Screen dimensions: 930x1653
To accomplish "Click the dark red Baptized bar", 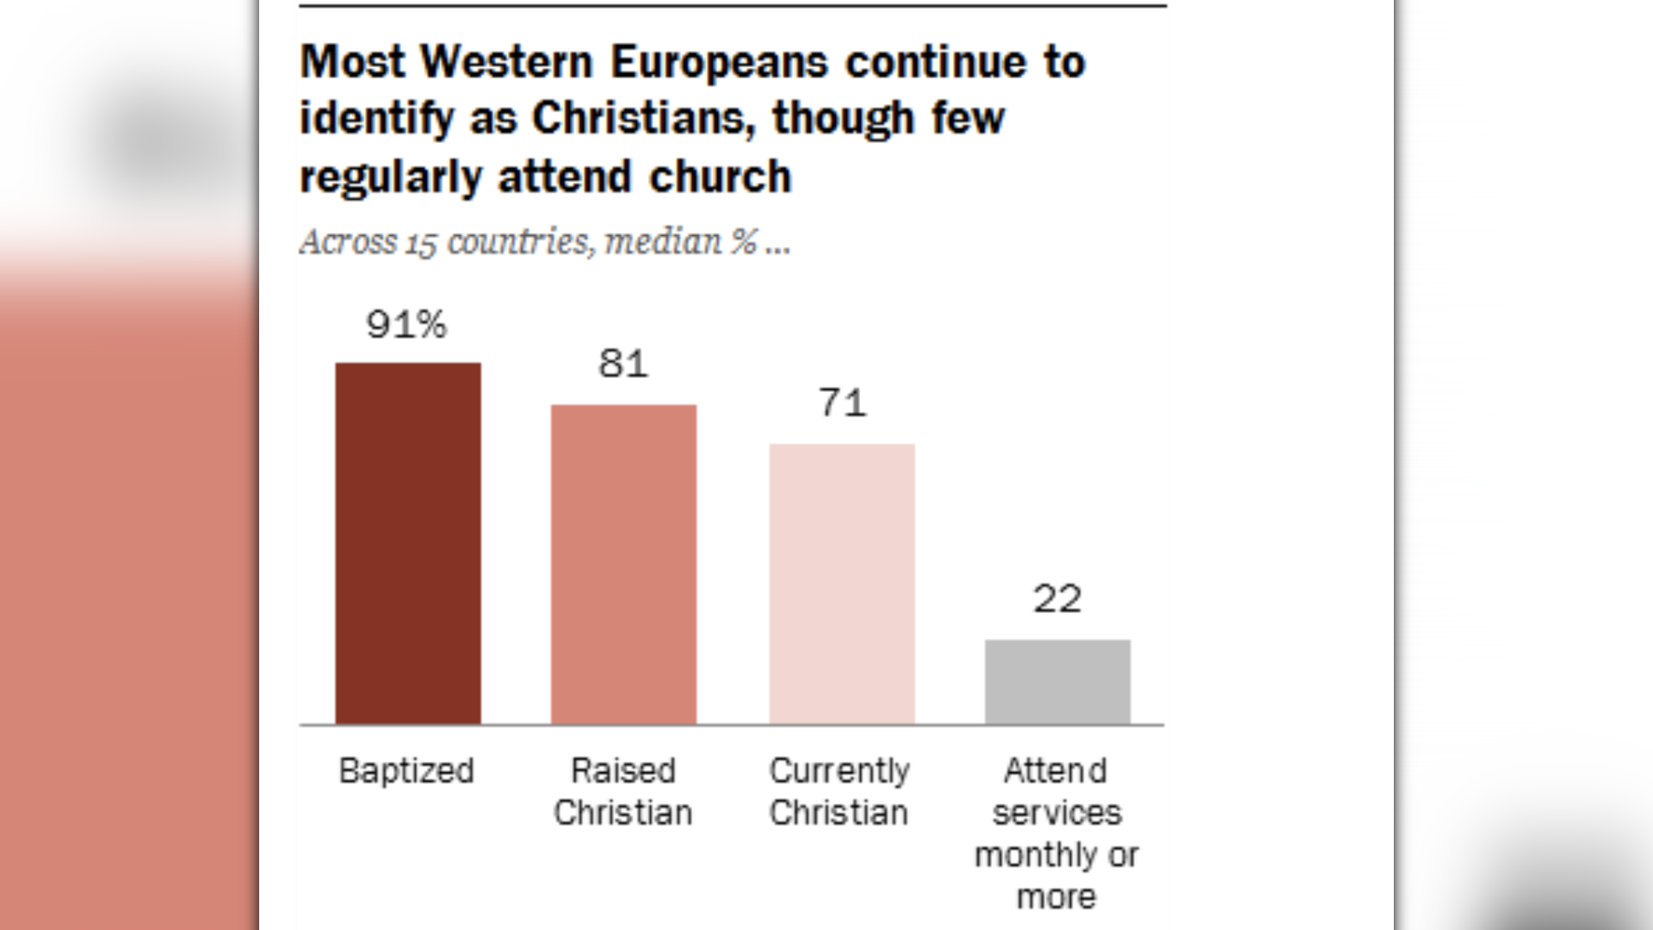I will tap(408, 542).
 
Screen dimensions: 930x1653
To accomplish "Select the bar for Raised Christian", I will tap(623, 564).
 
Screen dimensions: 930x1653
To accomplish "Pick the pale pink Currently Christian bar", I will tap(841, 584).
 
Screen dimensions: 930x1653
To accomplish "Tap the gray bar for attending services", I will tap(1057, 681).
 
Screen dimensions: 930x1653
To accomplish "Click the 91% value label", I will tap(406, 325).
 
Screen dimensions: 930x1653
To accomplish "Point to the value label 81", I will tap(623, 364).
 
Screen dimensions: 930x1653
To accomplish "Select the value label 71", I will tap(842, 403).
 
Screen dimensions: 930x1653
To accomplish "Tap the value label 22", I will tap(1057, 599).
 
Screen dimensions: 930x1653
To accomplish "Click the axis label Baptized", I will tap(406, 771).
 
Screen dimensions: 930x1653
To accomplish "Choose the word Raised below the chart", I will tap(623, 771).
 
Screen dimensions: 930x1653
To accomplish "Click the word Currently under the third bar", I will tap(839, 771).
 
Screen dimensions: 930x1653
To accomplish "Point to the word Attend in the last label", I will tap(1056, 771).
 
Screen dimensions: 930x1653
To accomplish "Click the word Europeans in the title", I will tap(719, 62).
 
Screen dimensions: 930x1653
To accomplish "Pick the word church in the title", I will tap(720, 177).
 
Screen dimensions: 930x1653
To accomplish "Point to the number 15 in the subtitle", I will tap(421, 243).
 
